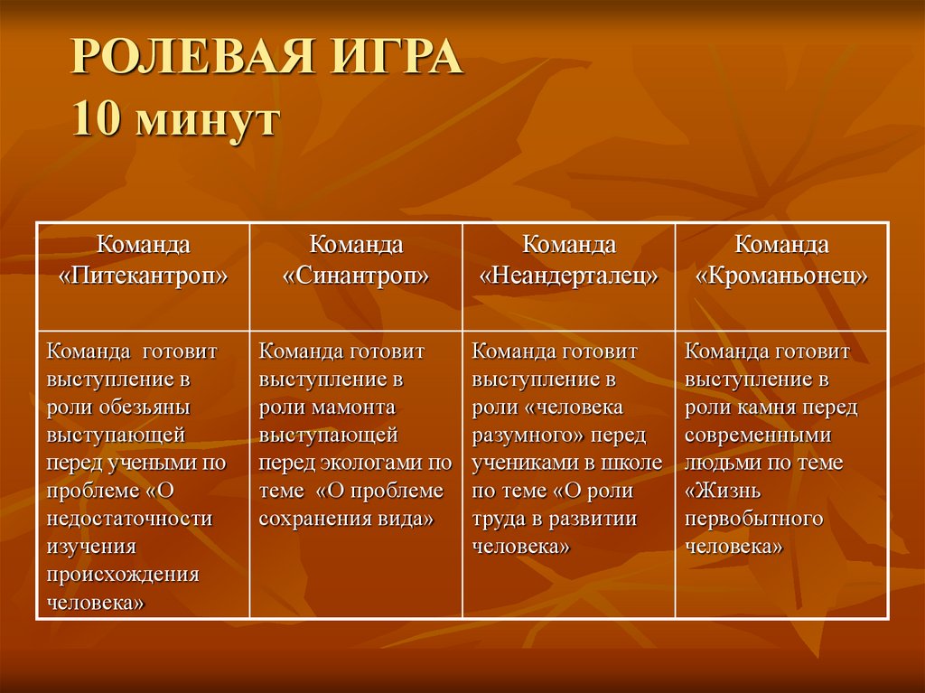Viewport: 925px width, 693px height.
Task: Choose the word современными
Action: (x=758, y=435)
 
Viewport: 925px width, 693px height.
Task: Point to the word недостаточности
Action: (x=130, y=520)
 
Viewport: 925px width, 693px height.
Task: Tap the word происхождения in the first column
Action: (x=123, y=576)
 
